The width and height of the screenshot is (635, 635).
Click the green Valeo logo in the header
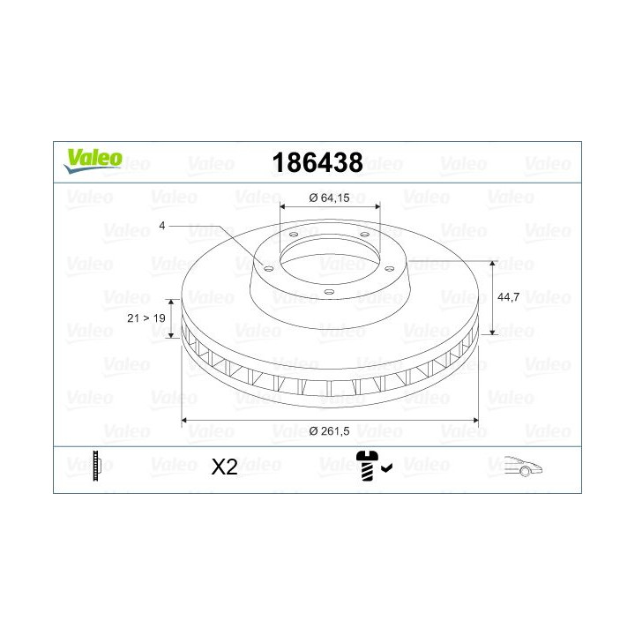(x=93, y=161)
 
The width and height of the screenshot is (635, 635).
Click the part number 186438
(x=317, y=163)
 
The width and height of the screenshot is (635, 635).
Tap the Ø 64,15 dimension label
(x=329, y=198)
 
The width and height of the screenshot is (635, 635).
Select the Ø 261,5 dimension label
(x=329, y=431)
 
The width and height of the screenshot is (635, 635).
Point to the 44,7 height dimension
(x=508, y=297)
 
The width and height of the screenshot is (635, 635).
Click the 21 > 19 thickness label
(x=146, y=317)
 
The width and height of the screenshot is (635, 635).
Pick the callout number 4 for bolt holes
(x=162, y=226)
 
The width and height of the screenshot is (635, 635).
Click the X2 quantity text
(x=224, y=467)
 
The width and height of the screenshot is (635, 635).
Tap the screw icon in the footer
(x=367, y=466)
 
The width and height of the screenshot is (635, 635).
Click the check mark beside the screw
(x=387, y=468)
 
